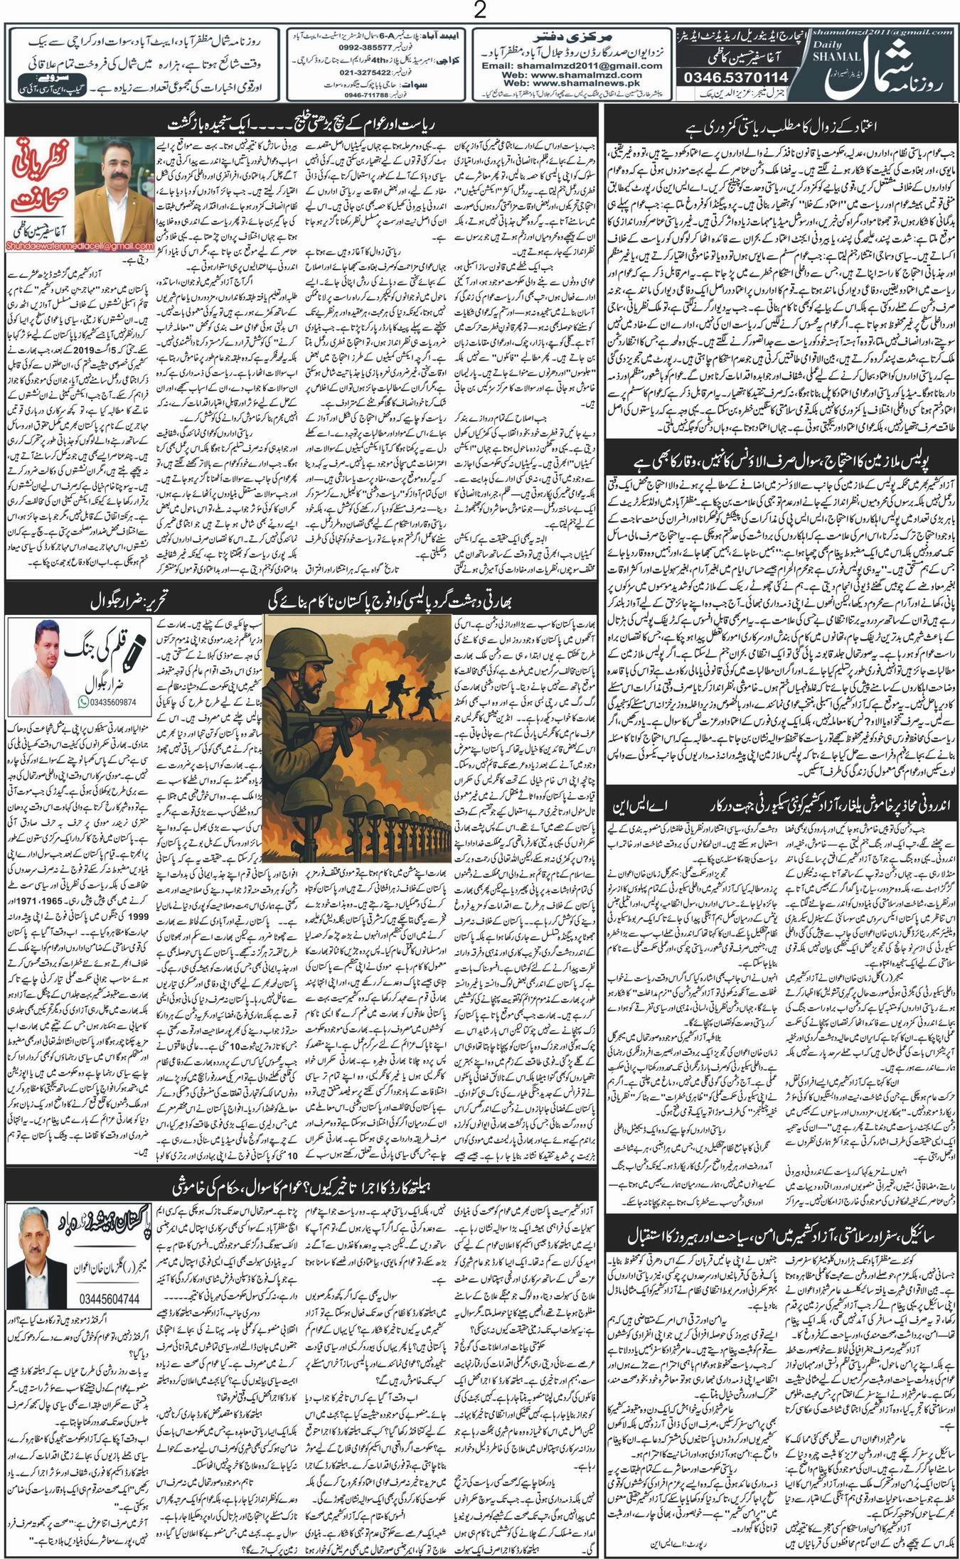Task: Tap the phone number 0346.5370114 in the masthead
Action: [736, 76]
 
